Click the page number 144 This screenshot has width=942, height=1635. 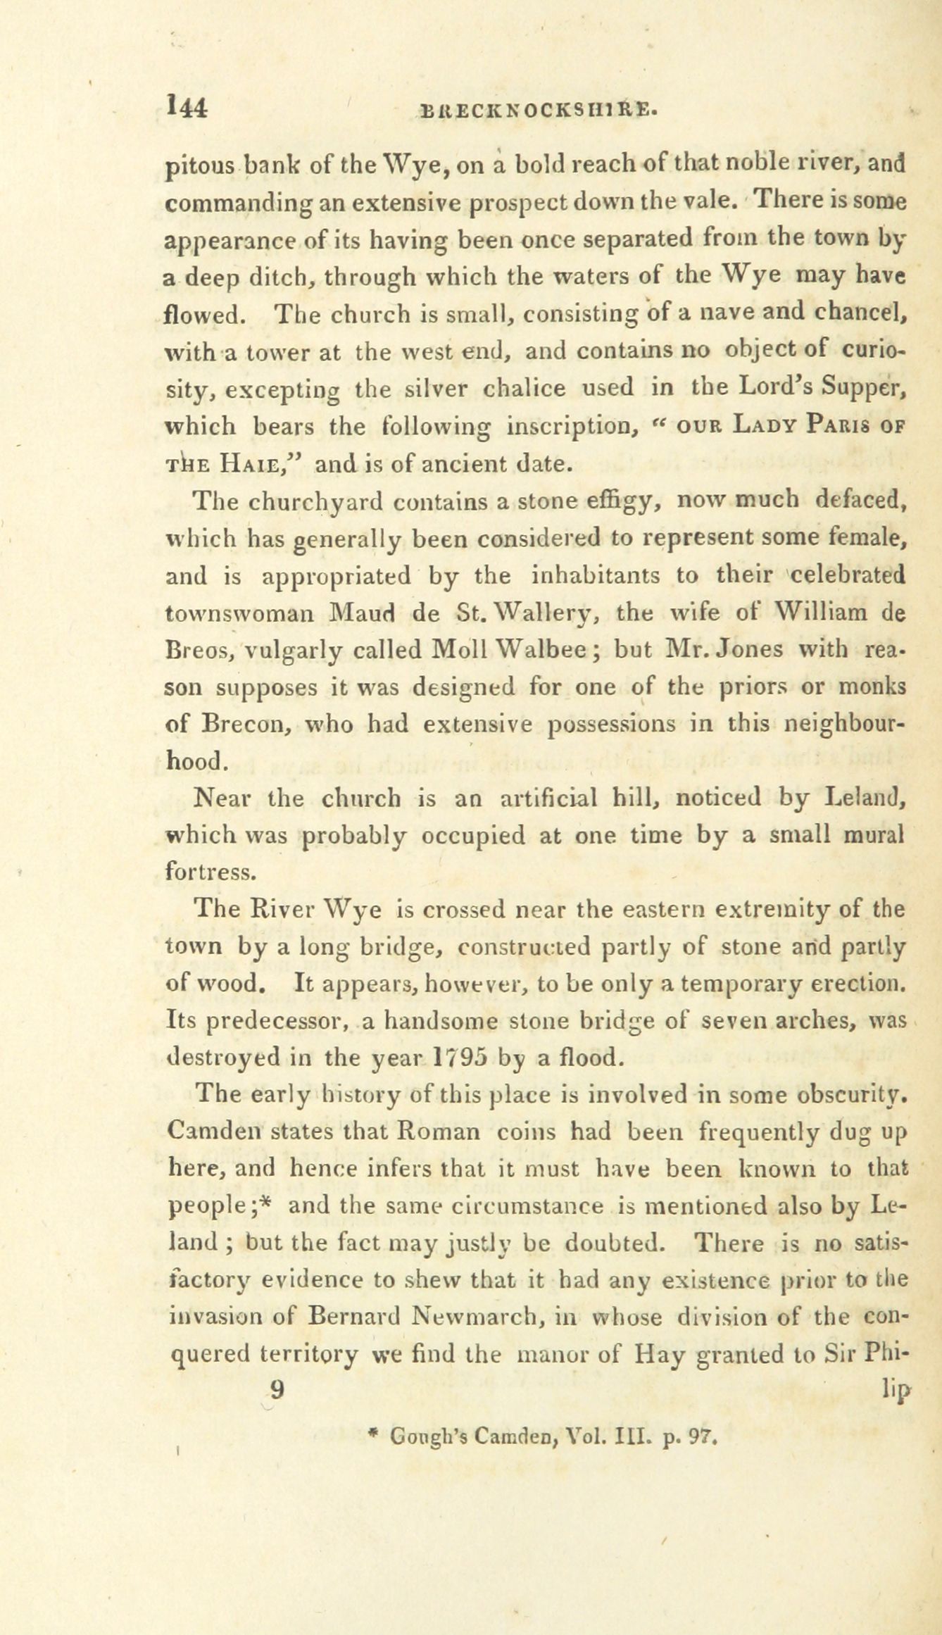187,107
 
